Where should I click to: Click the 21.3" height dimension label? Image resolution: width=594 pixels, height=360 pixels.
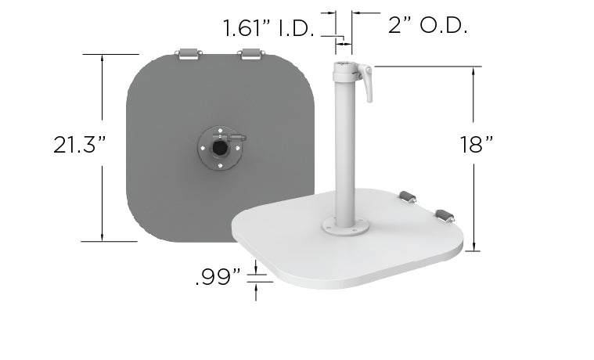pyautogui.click(x=80, y=145)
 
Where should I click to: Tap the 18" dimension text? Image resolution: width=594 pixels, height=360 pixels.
pyautogui.click(x=477, y=145)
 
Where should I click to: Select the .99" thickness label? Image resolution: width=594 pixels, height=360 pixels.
pyautogui.click(x=217, y=278)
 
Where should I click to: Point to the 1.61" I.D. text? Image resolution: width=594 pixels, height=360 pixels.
pyautogui.click(x=268, y=30)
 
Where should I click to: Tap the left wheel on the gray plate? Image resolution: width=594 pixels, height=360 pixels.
pyautogui.click(x=189, y=54)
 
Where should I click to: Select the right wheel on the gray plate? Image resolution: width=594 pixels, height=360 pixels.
pyautogui.click(x=250, y=54)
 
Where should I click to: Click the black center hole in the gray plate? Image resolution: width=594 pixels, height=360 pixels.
pyautogui.click(x=221, y=146)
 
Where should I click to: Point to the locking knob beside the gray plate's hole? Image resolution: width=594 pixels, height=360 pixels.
pyautogui.click(x=238, y=139)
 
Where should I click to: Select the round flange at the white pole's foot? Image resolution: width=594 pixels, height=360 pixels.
pyautogui.click(x=345, y=226)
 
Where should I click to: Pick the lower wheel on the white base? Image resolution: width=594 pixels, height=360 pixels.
pyautogui.click(x=444, y=215)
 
